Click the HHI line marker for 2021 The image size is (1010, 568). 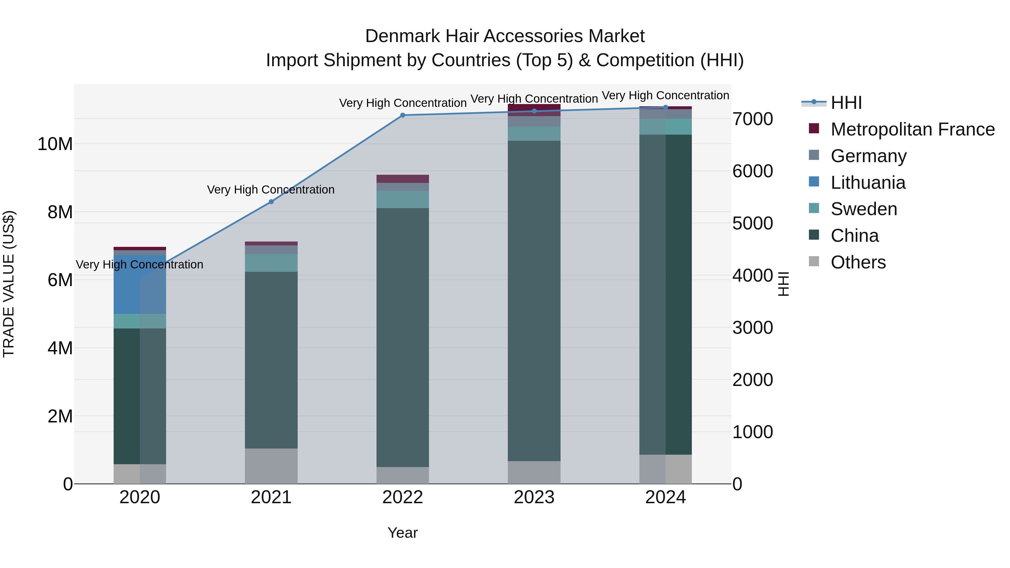pos(271,202)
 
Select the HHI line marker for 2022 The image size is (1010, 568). pos(403,115)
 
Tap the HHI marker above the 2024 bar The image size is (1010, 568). pos(665,107)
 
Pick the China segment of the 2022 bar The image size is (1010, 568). pos(403,337)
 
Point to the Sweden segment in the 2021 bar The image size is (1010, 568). pos(271,263)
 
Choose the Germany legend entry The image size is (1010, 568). pos(868,156)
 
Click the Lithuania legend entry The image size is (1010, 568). pos(868,183)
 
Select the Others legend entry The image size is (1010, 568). pos(858,262)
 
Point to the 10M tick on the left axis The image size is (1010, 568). pos(55,144)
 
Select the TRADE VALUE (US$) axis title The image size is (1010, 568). pos(9,284)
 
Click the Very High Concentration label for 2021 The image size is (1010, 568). pos(271,190)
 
